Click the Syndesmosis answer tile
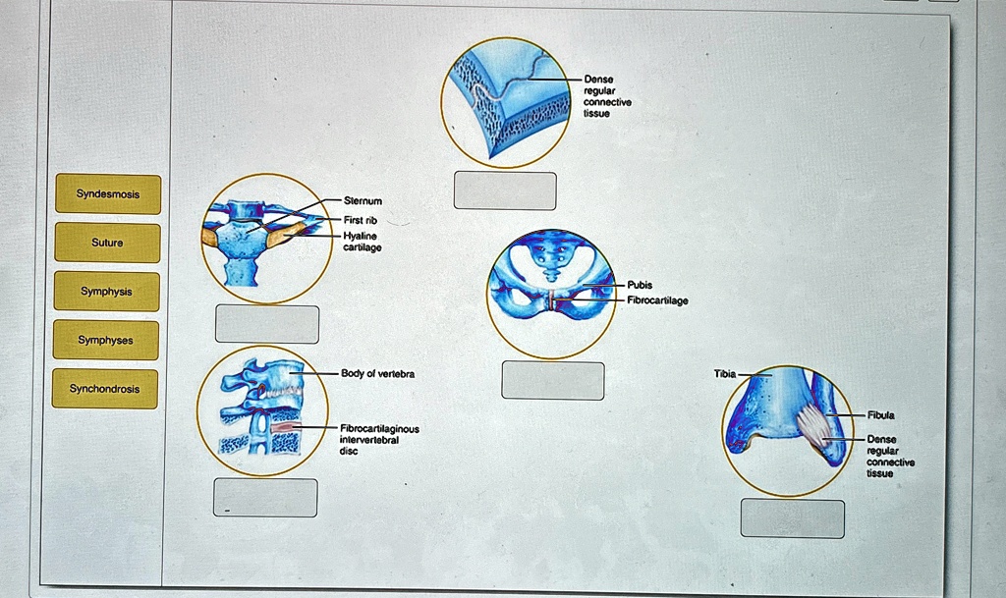coord(108,194)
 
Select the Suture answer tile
coord(107,243)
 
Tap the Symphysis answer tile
coord(106,292)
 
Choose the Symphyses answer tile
coord(106,340)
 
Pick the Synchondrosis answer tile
coord(104,389)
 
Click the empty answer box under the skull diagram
coord(505,190)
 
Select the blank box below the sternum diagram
coord(267,324)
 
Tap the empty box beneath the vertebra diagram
coord(265,498)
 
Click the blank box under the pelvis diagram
coord(553,381)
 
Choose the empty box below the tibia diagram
coord(793,518)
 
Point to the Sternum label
coord(363,201)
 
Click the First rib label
coord(360,221)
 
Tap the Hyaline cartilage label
coord(362,242)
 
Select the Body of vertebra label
coord(377,374)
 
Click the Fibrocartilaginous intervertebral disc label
coord(379,440)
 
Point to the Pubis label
coord(640,285)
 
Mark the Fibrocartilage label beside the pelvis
coord(657,300)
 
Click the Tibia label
coord(725,374)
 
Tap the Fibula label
coord(881,415)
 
